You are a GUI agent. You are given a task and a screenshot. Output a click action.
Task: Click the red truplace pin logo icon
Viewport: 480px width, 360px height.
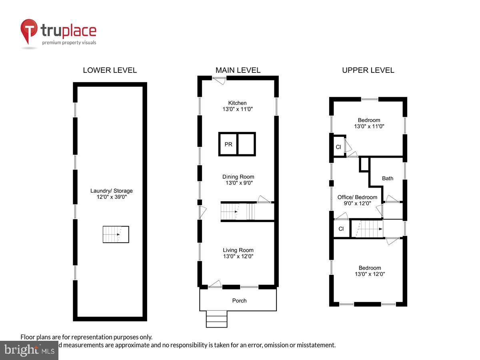pyautogui.click(x=29, y=31)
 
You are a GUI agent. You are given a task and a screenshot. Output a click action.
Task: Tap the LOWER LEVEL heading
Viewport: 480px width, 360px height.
pyautogui.click(x=110, y=70)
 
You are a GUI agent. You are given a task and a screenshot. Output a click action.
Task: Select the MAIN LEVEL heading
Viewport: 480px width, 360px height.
pyautogui.click(x=238, y=70)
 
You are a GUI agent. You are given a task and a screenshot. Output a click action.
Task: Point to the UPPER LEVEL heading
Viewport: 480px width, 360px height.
pyautogui.click(x=368, y=70)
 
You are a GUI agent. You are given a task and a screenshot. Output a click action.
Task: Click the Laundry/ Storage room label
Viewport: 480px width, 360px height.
pyautogui.click(x=111, y=191)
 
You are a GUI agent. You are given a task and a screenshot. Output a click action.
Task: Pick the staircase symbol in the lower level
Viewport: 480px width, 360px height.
pyautogui.click(x=116, y=234)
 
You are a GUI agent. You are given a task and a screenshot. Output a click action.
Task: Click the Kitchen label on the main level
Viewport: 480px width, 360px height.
pyautogui.click(x=238, y=103)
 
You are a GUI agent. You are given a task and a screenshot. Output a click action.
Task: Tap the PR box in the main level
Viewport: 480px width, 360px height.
pyautogui.click(x=228, y=144)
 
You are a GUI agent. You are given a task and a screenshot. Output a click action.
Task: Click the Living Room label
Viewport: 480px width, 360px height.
pyautogui.click(x=238, y=250)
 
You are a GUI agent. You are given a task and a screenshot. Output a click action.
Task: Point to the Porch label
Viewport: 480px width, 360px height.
pyautogui.click(x=240, y=300)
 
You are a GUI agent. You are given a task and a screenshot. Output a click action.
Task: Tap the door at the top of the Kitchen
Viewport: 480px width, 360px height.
pyautogui.click(x=219, y=80)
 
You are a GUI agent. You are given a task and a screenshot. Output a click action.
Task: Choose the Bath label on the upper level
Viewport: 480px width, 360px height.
pyautogui.click(x=388, y=178)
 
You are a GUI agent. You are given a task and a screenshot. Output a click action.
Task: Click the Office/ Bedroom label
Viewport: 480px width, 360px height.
pyautogui.click(x=357, y=197)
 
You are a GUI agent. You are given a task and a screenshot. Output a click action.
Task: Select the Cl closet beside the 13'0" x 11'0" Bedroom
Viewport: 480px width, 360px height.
pyautogui.click(x=338, y=147)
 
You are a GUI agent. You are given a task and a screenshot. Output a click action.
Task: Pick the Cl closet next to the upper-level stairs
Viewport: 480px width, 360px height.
pyautogui.click(x=341, y=229)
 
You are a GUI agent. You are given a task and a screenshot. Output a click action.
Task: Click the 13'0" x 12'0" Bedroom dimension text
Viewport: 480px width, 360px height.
pyautogui.click(x=369, y=274)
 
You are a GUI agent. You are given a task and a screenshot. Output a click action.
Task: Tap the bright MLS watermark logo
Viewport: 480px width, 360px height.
pyautogui.click(x=29, y=350)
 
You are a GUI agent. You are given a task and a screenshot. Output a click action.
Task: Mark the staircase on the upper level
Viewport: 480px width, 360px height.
pyautogui.click(x=367, y=229)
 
